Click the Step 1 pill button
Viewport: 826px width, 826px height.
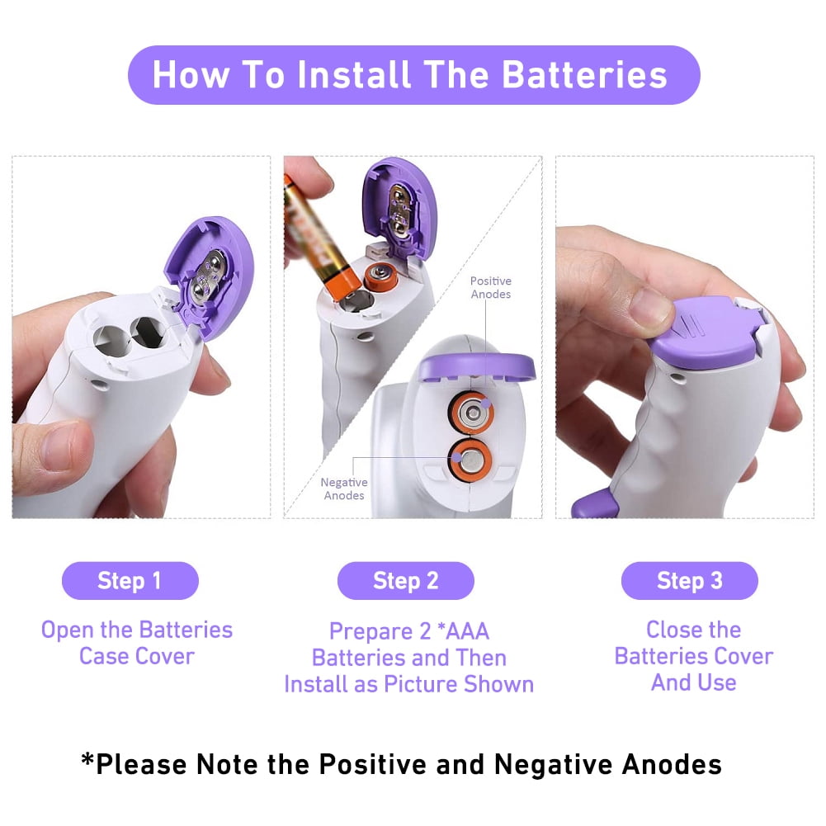point(130,581)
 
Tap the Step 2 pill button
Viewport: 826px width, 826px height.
point(406,581)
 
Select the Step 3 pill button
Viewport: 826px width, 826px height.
point(690,581)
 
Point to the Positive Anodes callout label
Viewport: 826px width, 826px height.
point(490,288)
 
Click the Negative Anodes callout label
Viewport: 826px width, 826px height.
point(344,489)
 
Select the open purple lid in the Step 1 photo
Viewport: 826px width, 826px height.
point(210,276)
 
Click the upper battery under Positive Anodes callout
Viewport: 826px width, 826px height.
point(471,413)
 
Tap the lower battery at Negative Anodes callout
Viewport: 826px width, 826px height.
point(470,460)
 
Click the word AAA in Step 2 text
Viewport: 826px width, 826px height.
point(467,631)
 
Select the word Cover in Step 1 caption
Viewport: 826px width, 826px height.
point(165,656)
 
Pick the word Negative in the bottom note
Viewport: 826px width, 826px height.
point(553,764)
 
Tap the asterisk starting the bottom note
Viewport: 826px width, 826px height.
point(87,760)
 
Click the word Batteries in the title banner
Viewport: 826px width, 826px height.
point(585,74)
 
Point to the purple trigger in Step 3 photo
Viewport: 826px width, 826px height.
point(594,504)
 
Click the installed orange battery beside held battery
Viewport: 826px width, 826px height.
point(380,276)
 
